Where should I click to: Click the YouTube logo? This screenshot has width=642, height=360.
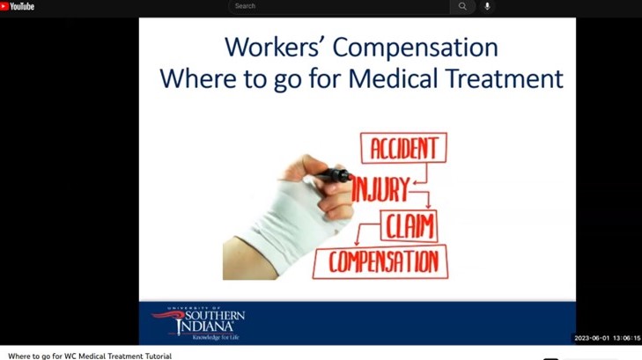point(18,6)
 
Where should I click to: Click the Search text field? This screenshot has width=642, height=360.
point(339,6)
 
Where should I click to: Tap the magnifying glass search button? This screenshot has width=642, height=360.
point(462,6)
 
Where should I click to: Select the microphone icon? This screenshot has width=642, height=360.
point(487,6)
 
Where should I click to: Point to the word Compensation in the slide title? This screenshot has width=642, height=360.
point(415,48)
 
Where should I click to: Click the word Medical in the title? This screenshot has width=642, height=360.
point(393,78)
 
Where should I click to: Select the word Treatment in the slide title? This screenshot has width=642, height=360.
point(504,78)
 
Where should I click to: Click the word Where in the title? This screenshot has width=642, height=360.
point(198,78)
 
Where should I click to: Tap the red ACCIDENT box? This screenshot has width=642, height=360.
point(403,148)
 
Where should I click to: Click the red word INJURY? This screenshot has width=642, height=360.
point(380,188)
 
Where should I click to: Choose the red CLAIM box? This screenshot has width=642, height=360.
point(409,226)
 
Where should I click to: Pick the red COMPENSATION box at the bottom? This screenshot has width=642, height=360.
point(380,261)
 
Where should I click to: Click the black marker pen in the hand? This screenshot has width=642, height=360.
point(332,174)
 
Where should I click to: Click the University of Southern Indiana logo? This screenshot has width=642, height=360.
point(198,323)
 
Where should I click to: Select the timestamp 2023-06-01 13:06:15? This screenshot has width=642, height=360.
point(607,338)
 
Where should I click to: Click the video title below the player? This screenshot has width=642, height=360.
point(90,356)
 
